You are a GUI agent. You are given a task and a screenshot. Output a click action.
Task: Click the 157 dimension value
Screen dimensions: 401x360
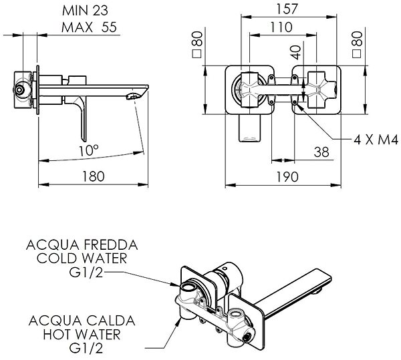(287, 9)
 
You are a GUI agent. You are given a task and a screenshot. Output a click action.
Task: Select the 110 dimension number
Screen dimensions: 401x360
(281, 27)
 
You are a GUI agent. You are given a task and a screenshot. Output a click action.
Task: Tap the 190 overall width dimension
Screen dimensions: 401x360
(287, 176)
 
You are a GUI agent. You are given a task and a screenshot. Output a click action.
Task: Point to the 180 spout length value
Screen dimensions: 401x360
(94, 176)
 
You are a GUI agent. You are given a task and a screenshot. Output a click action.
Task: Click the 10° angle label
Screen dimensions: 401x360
(88, 150)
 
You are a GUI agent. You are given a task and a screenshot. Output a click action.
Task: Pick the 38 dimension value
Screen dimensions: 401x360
(321, 152)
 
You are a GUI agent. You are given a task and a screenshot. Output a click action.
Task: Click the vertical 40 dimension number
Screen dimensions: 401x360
(296, 52)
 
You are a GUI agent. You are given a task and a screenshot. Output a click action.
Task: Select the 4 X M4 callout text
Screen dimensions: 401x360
(376, 140)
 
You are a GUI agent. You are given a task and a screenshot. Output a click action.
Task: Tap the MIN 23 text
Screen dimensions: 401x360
(85, 11)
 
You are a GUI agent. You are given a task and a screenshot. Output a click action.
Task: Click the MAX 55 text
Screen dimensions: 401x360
(89, 27)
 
